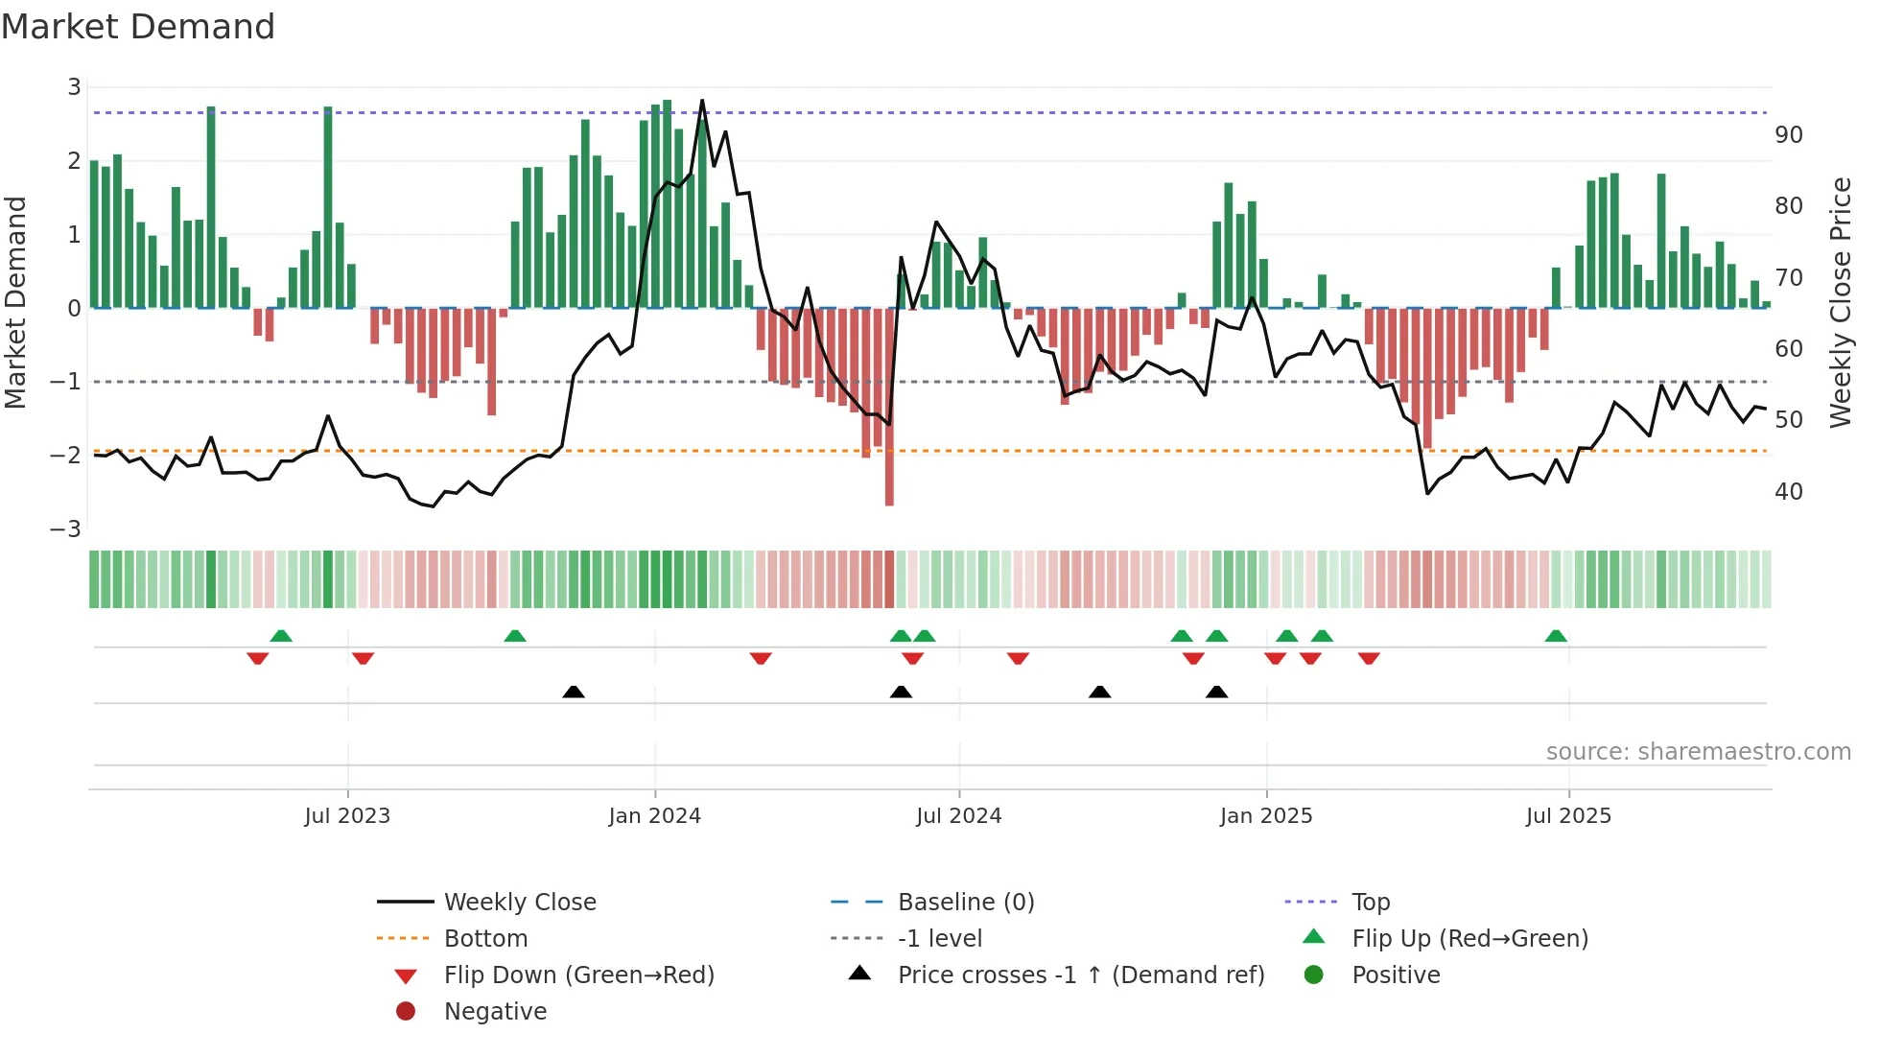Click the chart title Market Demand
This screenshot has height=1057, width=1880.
click(x=138, y=27)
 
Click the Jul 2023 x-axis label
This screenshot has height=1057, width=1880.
click(x=347, y=816)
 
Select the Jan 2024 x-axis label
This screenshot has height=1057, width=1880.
click(x=655, y=816)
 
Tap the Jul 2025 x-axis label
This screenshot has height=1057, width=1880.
click(x=1568, y=816)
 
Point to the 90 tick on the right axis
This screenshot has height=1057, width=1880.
click(x=1788, y=135)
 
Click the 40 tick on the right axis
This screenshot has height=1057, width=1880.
click(x=1788, y=492)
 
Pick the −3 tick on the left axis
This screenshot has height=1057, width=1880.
click(x=65, y=529)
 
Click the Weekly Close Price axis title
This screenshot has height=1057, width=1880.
click(x=1840, y=302)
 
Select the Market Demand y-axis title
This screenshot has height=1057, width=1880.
click(x=15, y=302)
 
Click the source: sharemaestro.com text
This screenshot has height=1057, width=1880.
click(x=1698, y=752)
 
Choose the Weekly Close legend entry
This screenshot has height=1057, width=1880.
click(x=519, y=903)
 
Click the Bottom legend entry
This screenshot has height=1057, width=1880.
click(x=485, y=939)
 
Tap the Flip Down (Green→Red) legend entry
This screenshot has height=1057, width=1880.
click(x=578, y=975)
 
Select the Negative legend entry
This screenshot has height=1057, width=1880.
click(x=495, y=1012)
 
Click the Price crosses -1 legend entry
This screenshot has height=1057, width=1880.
click(x=1080, y=975)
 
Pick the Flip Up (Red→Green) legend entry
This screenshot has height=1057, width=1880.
click(x=1469, y=939)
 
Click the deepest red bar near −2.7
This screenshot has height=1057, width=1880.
click(x=889, y=480)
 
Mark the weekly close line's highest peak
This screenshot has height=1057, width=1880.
click(x=702, y=101)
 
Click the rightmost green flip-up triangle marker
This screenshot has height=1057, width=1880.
click(x=1556, y=636)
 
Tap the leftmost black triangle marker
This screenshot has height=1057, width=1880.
click(x=574, y=692)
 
